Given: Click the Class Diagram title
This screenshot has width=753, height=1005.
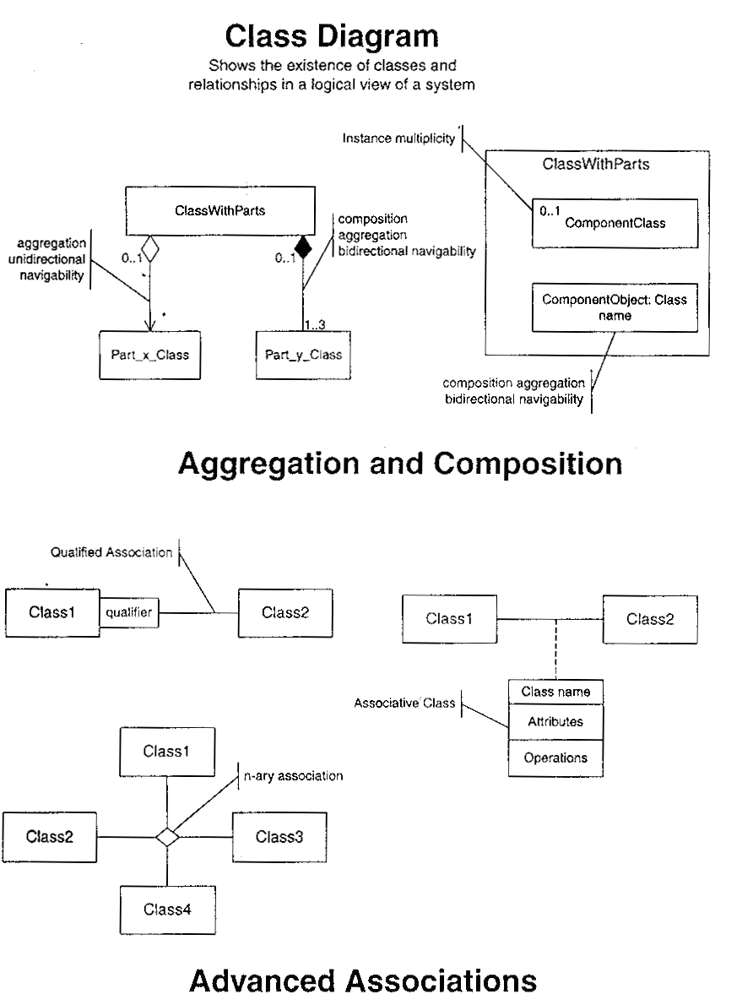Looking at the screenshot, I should point(332,37).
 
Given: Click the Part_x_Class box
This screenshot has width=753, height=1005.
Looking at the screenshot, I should point(149,354).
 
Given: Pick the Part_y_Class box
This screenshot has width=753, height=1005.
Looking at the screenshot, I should point(303,354).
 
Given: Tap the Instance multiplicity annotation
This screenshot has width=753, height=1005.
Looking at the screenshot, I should point(398,139).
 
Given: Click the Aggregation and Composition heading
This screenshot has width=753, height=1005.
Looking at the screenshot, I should point(400,463).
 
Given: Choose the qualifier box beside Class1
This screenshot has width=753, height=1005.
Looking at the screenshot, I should point(129,613).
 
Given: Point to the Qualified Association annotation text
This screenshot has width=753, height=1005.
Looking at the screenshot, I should point(111,553).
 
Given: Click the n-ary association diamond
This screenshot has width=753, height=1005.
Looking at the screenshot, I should point(168,837).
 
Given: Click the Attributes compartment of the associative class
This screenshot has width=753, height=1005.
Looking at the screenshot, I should point(555,722).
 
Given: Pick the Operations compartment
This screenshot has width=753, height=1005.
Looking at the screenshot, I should point(555,758).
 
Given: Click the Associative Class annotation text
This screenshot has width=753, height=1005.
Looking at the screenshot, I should point(404,703).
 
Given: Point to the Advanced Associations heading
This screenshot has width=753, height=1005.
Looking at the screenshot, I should point(362,981).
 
